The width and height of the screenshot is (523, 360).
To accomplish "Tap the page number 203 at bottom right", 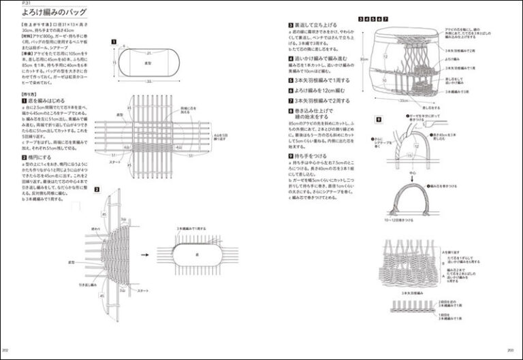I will (x=509, y=349).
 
